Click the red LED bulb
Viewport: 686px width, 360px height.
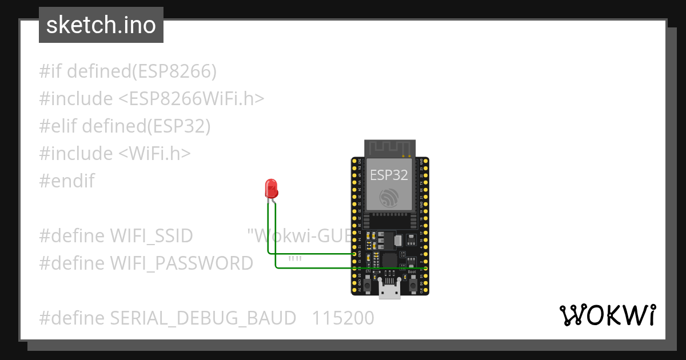pos(271,187)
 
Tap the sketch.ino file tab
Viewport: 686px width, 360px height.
pos(101,25)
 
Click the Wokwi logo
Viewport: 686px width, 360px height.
pos(607,315)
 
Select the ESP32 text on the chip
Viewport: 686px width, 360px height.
pos(389,175)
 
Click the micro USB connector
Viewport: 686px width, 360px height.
pos(389,290)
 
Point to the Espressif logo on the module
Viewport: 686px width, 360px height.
pos(389,197)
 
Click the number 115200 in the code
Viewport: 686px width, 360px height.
pos(343,318)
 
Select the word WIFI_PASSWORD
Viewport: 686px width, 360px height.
pos(181,263)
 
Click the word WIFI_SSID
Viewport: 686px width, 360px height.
pos(151,235)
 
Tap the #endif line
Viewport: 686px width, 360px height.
pos(67,181)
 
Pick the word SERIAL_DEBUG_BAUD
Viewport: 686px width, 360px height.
pos(203,318)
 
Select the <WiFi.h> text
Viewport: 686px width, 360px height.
pos(154,153)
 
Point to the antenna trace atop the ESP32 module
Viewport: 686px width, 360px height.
pos(389,148)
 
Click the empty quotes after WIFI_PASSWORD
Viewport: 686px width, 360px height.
pos(295,262)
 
